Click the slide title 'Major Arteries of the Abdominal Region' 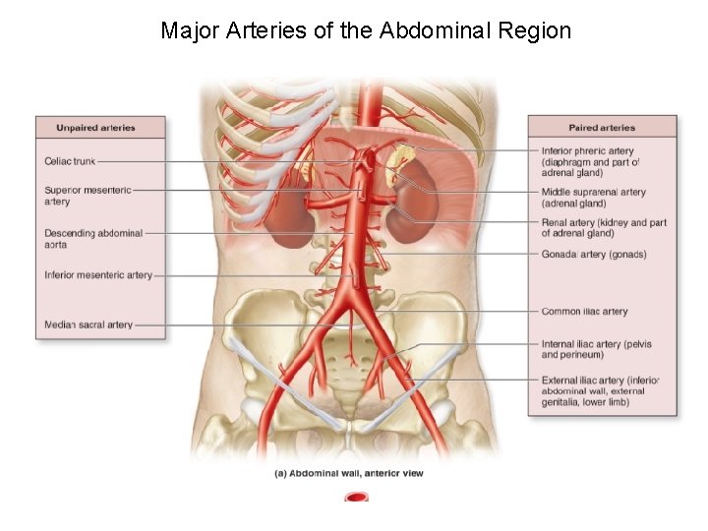(366, 30)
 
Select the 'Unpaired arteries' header (95, 128)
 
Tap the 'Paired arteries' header (602, 128)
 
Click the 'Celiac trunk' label (71, 161)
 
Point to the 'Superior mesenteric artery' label (88, 196)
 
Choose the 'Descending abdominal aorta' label (93, 239)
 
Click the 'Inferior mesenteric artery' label (98, 275)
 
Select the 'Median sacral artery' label (88, 324)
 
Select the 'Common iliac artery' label (584, 312)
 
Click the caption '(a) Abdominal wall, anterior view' (349, 473)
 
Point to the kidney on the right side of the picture (408, 217)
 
